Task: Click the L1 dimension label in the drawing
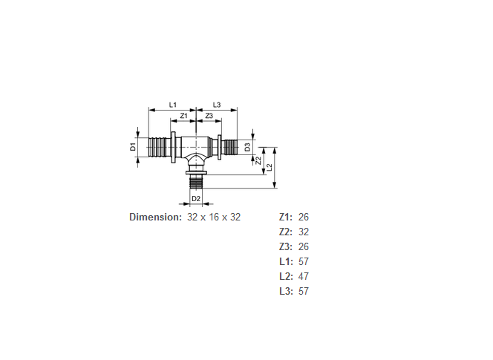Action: (173, 105)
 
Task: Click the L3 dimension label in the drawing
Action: (217, 105)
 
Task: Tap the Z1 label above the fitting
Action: (183, 116)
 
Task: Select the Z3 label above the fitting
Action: (209, 116)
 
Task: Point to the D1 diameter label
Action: (134, 147)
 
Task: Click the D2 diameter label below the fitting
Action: (196, 199)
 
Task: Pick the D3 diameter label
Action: (248, 147)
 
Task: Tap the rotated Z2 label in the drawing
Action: (258, 160)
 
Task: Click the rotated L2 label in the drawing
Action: (269, 168)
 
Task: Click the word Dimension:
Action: (156, 217)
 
